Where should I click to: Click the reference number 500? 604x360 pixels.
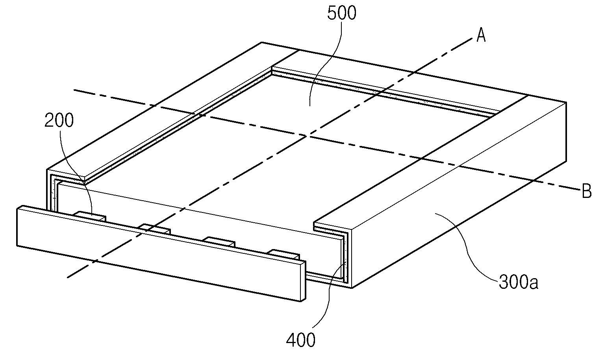pos(341,13)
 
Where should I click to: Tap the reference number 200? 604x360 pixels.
pos(59,121)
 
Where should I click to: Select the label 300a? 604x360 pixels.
pos(518,282)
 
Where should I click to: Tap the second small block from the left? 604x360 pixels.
pos(155,228)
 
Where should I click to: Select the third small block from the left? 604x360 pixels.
pos(219,240)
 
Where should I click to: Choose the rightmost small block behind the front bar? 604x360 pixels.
pos(283,253)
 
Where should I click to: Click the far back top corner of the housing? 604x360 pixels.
pos(262,42)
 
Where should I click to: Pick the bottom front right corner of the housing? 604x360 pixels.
pos(351,288)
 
